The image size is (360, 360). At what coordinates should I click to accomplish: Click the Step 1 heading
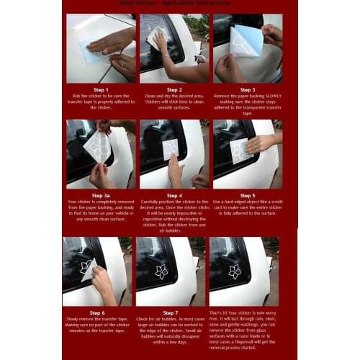[x=102, y=90]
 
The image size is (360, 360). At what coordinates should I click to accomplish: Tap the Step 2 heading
[x=174, y=90]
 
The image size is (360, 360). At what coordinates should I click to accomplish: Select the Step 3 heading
[x=247, y=90]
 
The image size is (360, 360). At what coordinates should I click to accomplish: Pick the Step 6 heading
[x=98, y=313]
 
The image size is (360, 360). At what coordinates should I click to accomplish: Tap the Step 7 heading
[x=171, y=313]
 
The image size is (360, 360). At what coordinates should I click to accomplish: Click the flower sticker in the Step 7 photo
[x=161, y=271]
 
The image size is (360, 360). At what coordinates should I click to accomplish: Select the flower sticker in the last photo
[x=235, y=271]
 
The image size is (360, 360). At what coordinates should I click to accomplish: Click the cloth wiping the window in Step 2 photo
[x=158, y=37]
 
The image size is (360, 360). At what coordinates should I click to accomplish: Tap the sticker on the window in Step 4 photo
[x=171, y=149]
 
